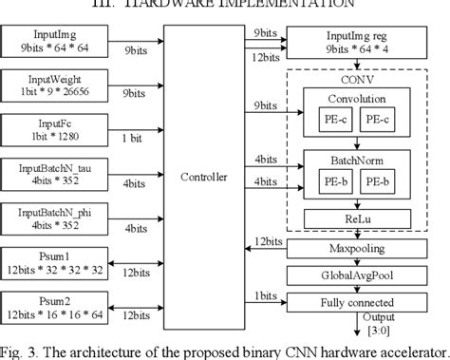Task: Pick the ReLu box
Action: coord(364,220)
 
